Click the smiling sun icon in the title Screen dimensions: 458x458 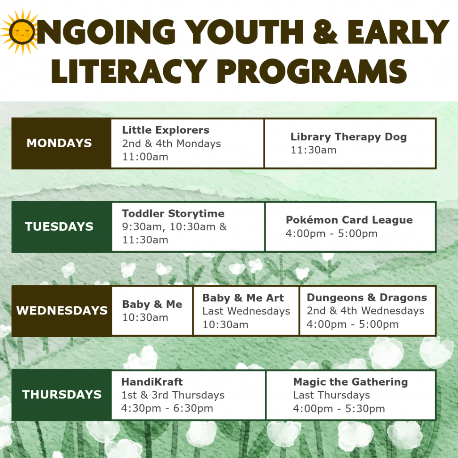coord(20,32)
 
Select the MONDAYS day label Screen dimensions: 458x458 coord(59,143)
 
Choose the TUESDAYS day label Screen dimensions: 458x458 coord(59,227)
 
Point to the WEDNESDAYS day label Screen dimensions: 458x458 coord(62,310)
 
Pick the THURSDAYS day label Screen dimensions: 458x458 coord(62,394)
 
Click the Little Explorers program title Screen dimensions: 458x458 coord(165,130)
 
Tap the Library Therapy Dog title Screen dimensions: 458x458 coord(348,137)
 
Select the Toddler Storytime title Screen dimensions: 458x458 coord(173,213)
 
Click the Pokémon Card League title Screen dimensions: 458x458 coord(349,220)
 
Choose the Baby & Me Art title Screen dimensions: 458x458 coord(243,298)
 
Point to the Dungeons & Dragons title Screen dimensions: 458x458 coord(367,297)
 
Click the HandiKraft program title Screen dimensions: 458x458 coord(152,382)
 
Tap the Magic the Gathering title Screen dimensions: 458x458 coord(350,382)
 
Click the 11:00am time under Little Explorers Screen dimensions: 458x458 coord(145,157)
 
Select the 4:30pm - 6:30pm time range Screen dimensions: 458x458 coord(167,408)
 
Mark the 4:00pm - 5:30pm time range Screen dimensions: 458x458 coord(339,408)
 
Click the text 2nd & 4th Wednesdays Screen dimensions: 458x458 coord(365,311)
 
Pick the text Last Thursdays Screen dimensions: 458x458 coord(331,395)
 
